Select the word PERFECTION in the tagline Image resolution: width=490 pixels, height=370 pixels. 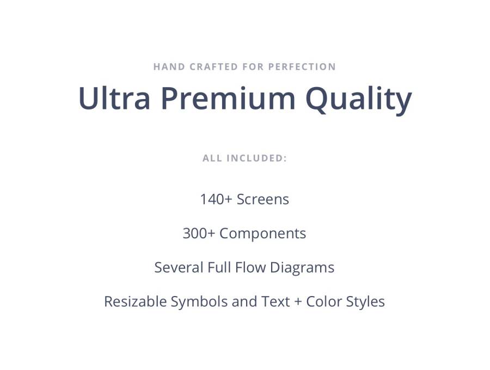[302, 67]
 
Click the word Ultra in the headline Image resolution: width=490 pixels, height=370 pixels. [114, 98]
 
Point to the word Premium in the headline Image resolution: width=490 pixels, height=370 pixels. [228, 98]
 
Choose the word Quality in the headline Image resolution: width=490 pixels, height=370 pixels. [358, 100]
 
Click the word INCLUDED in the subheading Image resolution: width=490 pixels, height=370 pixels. [256, 158]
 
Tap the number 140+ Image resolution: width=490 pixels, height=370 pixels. [216, 199]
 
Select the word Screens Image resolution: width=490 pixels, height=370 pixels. [263, 199]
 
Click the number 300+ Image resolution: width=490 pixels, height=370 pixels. [199, 233]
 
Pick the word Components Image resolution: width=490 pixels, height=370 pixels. [263, 234]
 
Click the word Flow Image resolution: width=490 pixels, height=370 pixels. [250, 267]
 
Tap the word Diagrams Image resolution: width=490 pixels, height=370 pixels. [302, 268]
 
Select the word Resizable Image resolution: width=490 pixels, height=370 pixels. [135, 301]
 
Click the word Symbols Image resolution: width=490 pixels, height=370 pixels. [199, 302]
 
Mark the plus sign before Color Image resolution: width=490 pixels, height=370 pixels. [298, 302]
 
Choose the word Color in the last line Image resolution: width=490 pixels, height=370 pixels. [324, 301]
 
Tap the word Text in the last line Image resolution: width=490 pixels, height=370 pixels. [275, 301]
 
